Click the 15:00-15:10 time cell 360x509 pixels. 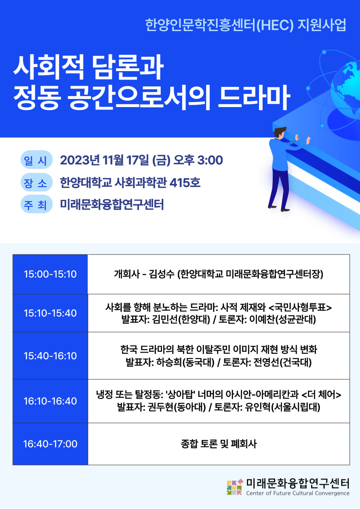[50, 274]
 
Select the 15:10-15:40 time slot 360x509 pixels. [50, 313]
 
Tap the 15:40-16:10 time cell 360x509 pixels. [50, 355]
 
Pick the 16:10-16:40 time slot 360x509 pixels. [50, 401]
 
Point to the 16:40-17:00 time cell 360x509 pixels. [50, 444]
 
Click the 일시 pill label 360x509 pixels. [36, 160]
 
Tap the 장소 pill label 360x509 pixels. [36, 182]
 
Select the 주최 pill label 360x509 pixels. [36, 204]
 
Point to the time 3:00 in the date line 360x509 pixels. [210, 160]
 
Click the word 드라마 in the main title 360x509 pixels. [254, 97]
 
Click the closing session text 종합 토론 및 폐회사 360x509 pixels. [219, 444]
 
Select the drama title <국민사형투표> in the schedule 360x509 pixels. [300, 307]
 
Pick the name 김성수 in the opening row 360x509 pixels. [161, 274]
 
